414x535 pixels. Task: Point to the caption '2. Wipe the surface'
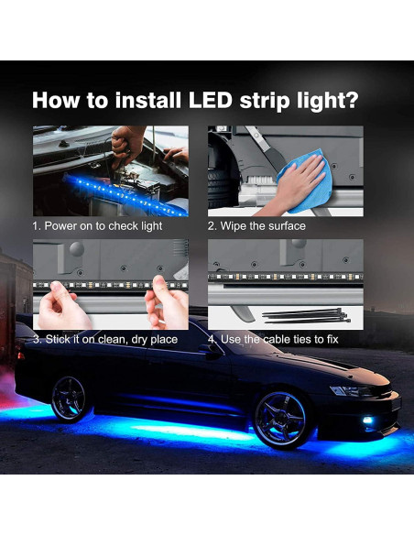pyautogui.click(x=256, y=225)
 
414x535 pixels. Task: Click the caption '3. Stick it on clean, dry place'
pyautogui.click(x=105, y=340)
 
